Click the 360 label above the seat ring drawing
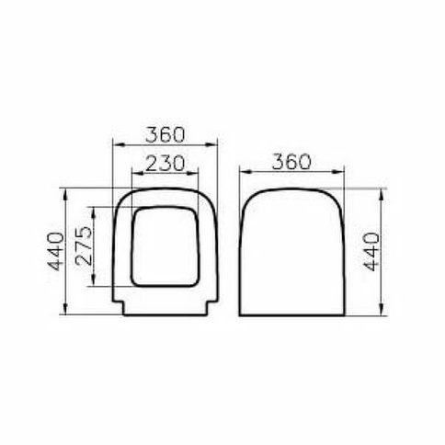165,135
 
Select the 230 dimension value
165,164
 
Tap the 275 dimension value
84,245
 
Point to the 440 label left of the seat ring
57,252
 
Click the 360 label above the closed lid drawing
291,162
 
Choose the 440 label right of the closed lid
371,252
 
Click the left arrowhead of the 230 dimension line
137,174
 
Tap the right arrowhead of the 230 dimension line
193,174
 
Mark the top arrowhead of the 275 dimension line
94,212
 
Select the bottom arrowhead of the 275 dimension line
94,280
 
